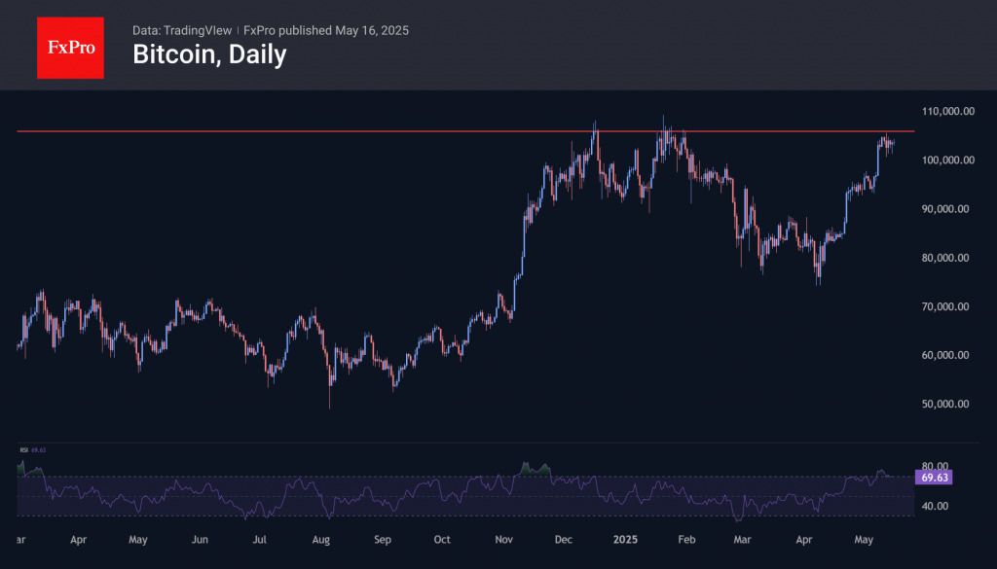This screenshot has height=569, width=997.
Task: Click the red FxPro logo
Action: point(70,46)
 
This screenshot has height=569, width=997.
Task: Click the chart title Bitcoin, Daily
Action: point(209,54)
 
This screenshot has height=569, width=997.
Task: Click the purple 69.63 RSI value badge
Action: point(934,478)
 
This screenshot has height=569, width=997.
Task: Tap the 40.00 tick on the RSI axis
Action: point(935,506)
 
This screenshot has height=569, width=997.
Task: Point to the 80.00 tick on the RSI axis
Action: point(935,466)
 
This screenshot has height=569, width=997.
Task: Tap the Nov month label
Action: point(503,538)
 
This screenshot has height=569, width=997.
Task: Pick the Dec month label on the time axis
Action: point(562,538)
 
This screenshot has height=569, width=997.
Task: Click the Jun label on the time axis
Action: point(200,538)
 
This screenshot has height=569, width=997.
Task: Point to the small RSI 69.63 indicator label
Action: point(32,450)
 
